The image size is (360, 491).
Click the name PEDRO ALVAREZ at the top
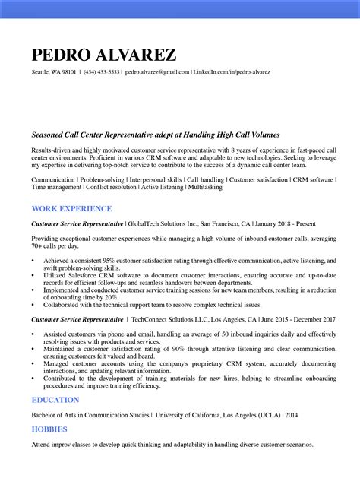coord(104,55)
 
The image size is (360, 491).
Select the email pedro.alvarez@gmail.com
coord(157,72)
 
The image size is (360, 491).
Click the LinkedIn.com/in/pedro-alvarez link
coord(232,72)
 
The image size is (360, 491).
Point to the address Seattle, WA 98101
coord(54,72)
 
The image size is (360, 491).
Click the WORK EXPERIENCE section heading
coord(71,208)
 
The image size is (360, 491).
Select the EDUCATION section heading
coord(55,400)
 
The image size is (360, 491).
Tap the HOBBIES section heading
coord(50,429)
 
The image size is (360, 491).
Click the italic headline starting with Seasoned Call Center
coord(156,134)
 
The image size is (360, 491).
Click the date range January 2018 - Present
coord(286,225)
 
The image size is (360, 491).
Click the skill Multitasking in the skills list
coord(205,187)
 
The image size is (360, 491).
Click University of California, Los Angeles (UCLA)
coord(217,415)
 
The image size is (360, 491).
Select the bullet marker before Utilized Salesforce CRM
coord(33,275)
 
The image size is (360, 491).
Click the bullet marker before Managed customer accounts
coord(33,363)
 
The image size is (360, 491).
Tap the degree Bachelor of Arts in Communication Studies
coord(90,415)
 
